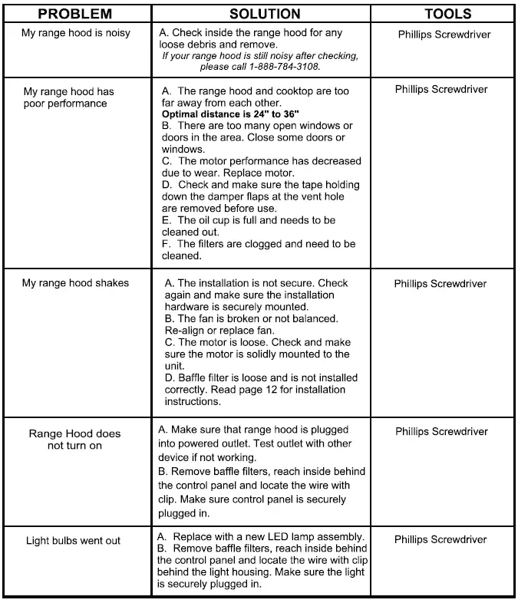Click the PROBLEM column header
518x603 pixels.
coord(74,14)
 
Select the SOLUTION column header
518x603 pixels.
coord(264,14)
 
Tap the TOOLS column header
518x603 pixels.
coord(447,14)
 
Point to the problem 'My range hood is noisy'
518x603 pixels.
coord(76,34)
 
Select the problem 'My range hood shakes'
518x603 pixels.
coord(75,283)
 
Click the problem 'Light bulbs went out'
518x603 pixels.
coord(73,541)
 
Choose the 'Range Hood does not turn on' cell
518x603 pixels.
coord(74,440)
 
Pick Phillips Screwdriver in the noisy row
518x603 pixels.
coord(444,35)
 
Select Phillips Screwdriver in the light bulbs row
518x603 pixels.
coord(440,539)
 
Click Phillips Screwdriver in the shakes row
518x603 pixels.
coord(440,284)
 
